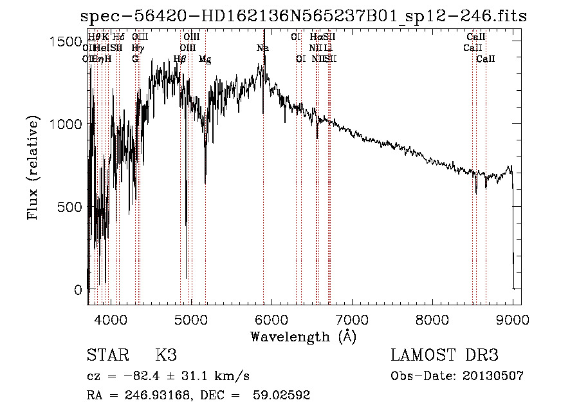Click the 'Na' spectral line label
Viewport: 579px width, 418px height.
click(x=262, y=48)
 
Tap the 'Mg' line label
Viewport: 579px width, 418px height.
click(x=205, y=59)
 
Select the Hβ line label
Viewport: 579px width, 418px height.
click(x=180, y=59)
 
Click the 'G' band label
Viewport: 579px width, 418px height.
click(x=135, y=59)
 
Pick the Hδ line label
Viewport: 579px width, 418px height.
click(x=119, y=37)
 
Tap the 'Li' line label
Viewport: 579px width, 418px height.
click(x=328, y=48)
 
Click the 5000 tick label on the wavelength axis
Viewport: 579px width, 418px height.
click(x=190, y=318)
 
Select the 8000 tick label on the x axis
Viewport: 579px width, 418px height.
click(x=432, y=318)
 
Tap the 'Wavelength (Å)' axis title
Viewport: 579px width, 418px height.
click(x=303, y=336)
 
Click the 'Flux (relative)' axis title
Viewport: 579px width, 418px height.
click(x=33, y=168)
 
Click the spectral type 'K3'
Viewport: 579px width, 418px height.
click(x=166, y=356)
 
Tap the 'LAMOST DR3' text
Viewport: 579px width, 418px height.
click(x=444, y=356)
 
